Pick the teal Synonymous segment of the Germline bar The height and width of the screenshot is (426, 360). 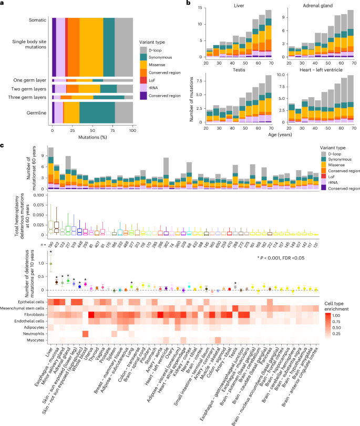(97, 112)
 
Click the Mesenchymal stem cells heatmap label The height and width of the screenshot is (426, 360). (24, 307)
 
